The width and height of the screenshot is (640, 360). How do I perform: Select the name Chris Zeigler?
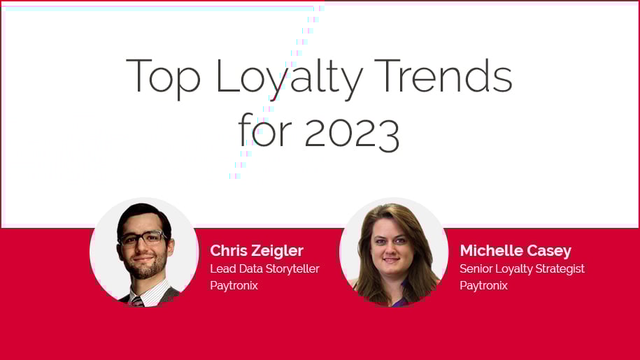pyautogui.click(x=257, y=250)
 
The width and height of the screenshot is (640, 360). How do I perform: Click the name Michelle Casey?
pyautogui.click(x=515, y=250)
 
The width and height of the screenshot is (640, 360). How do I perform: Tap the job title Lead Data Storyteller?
pyautogui.click(x=264, y=268)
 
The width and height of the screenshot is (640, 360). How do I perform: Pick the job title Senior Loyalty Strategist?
pyautogui.click(x=522, y=268)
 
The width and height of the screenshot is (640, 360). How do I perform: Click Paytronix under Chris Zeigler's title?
pyautogui.click(x=234, y=285)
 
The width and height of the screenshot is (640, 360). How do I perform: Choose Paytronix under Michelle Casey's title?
pyautogui.click(x=483, y=285)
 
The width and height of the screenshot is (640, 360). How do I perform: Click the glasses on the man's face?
pyautogui.click(x=143, y=238)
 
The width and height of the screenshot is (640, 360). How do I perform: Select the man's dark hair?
pyautogui.click(x=143, y=214)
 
